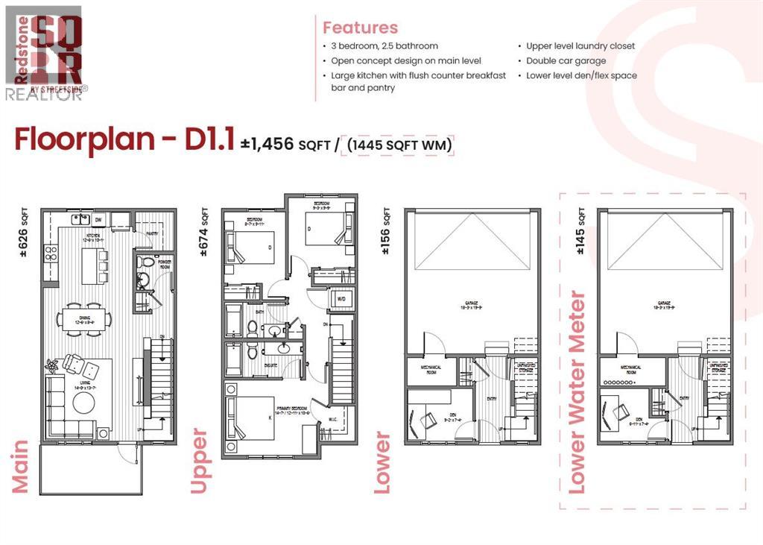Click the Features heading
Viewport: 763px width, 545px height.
click(x=360, y=28)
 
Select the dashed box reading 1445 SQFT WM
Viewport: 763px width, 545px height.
click(x=396, y=143)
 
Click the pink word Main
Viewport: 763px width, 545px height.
click(x=20, y=466)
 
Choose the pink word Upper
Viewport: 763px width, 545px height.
click(x=199, y=460)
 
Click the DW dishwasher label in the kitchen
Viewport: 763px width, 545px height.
click(x=98, y=220)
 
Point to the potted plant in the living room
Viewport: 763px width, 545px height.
click(x=52, y=366)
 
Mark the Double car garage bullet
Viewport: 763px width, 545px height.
click(x=566, y=61)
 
